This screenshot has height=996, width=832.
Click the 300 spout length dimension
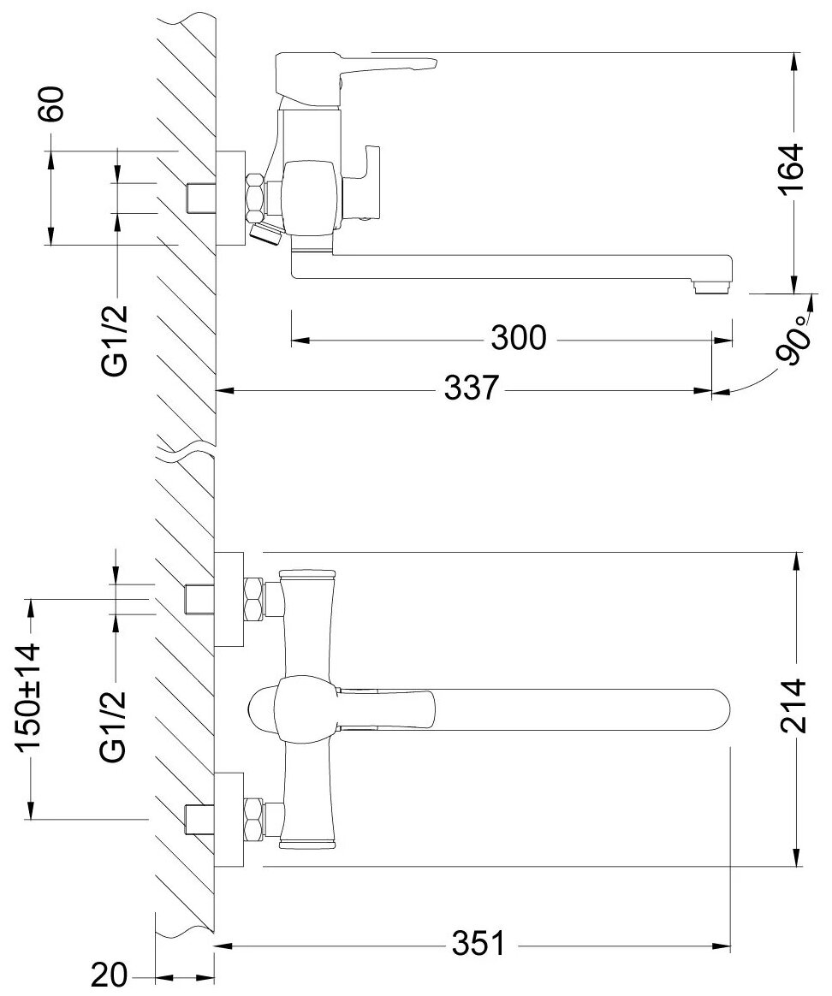click(518, 340)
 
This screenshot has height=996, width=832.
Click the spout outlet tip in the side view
click(712, 286)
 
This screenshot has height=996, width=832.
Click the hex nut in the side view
click(255, 196)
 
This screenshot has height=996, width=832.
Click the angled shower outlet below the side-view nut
click(264, 232)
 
